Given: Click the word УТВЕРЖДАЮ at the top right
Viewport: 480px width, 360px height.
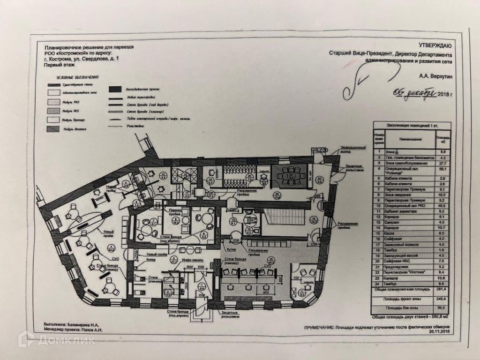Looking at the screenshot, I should coord(434,45).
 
